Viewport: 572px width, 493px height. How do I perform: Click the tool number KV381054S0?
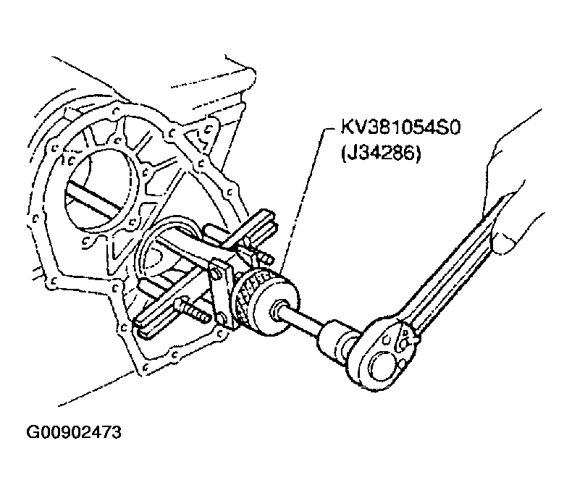click(400, 127)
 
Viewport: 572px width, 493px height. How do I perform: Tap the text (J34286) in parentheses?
click(381, 153)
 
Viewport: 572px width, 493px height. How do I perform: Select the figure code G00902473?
click(73, 432)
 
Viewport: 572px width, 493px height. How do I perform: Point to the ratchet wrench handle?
click(460, 263)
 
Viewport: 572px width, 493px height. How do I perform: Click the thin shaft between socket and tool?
click(303, 321)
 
